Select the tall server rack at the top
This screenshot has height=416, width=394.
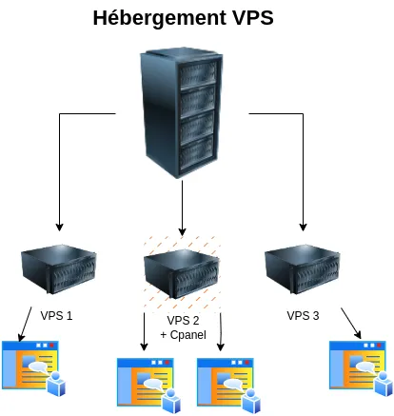[182, 107]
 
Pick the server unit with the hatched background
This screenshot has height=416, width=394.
[181, 270]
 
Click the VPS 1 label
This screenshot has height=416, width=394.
[57, 313]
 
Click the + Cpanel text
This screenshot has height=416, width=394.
[183, 335]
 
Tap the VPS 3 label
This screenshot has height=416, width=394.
[303, 313]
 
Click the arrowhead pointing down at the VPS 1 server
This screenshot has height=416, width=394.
[59, 228]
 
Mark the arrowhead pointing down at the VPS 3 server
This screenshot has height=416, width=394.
[303, 228]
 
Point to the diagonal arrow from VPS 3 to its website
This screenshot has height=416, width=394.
[351, 323]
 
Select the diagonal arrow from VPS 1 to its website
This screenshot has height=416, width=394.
[21, 324]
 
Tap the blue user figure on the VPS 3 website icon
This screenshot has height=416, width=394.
[383, 383]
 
